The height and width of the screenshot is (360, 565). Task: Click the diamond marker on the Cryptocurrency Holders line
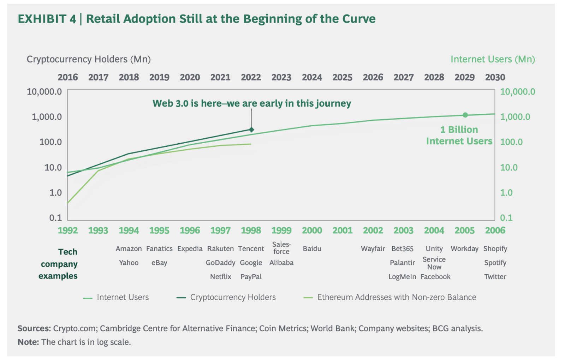click(251, 130)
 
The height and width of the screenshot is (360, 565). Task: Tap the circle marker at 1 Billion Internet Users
click(465, 115)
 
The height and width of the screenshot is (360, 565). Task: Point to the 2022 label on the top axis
click(251, 77)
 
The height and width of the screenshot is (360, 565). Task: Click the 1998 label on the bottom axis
click(251, 230)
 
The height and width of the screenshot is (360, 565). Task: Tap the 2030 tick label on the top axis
click(495, 77)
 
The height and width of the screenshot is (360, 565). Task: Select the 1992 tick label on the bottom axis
click(68, 230)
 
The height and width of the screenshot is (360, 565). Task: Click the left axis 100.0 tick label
click(50, 142)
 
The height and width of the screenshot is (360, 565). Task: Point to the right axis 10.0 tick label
click(509, 167)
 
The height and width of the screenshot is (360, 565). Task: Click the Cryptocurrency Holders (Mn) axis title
click(89, 59)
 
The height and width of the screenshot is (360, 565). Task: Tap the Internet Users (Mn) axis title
click(493, 59)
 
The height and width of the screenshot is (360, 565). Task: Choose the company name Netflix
click(220, 277)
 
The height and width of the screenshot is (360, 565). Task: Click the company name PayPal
click(251, 277)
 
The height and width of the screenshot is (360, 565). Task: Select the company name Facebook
click(435, 277)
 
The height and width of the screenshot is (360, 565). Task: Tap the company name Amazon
click(129, 249)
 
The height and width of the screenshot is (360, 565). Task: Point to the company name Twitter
click(495, 277)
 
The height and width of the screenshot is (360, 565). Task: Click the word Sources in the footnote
click(34, 329)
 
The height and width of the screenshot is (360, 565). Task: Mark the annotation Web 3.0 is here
click(251, 103)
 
